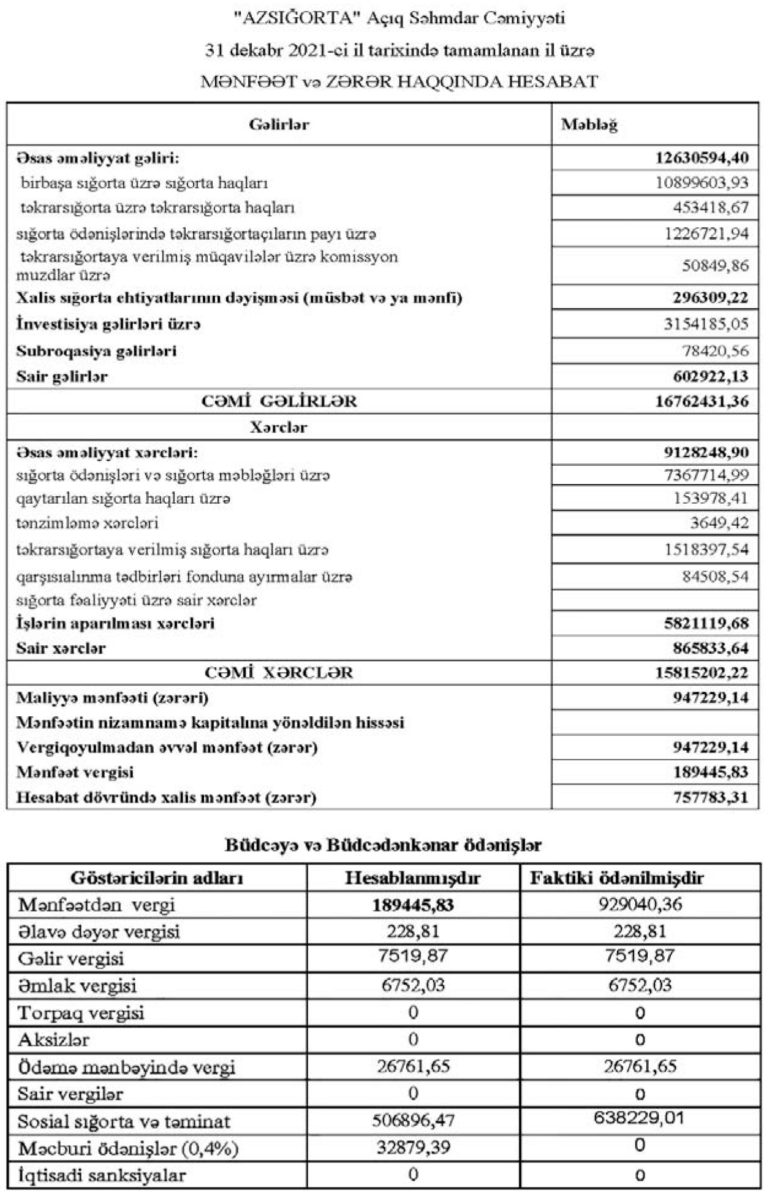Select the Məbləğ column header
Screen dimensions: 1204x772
point(589,125)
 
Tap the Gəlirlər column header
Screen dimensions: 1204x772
point(279,125)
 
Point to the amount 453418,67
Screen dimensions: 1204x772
point(711,208)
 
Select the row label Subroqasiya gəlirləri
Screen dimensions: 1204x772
point(96,352)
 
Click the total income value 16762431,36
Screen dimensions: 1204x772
point(702,401)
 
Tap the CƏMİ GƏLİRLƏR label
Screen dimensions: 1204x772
point(279,401)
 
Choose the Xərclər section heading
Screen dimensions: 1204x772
point(278,427)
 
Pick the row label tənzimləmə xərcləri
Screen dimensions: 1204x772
point(87,523)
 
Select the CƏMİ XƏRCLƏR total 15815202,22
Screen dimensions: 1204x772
point(702,673)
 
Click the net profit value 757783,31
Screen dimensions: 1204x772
point(711,797)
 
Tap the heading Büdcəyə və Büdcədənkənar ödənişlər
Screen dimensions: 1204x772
point(383,845)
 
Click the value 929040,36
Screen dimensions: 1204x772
point(640,905)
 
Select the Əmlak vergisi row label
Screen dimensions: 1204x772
point(77,986)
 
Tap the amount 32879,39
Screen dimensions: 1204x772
point(413,1148)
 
